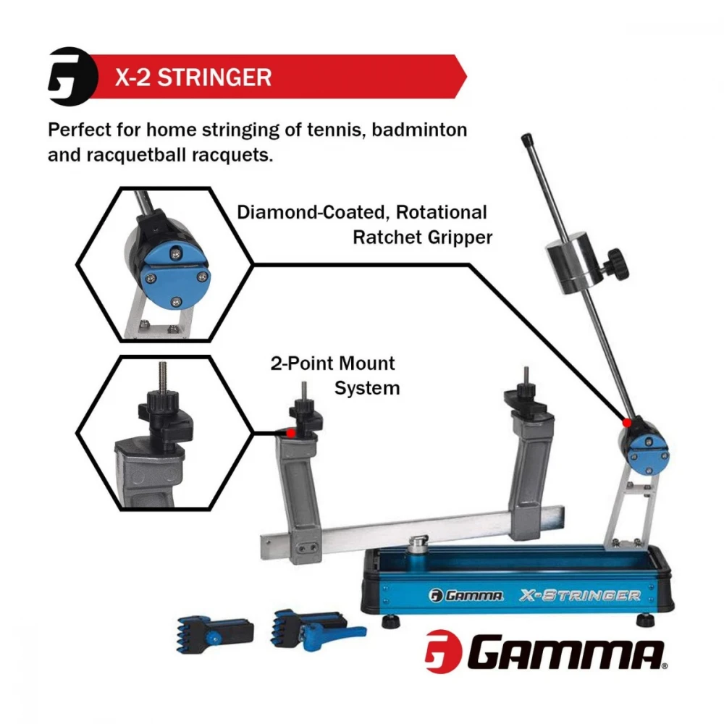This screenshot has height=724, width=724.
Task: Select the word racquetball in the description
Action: (x=148, y=155)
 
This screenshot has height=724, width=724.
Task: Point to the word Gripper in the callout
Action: (x=462, y=237)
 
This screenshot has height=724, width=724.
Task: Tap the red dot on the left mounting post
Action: (x=290, y=432)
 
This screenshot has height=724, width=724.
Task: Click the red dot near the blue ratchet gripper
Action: (x=626, y=421)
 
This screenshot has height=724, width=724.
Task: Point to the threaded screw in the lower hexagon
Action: (x=163, y=376)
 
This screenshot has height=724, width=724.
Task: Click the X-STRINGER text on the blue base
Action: (x=579, y=595)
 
